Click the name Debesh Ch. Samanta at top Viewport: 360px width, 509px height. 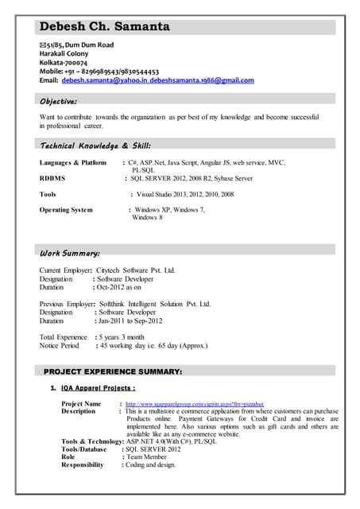pos(104,26)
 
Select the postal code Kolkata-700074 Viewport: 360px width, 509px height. pos(64,63)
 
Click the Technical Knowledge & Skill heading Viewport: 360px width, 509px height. pos(95,146)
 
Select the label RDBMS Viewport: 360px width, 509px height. pos(52,178)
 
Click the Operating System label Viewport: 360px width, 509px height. pos(66,210)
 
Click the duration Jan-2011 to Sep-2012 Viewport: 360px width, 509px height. pos(130,321)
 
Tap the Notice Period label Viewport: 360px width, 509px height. pos(60,346)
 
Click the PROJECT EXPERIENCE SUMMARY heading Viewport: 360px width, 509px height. pos(113,371)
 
